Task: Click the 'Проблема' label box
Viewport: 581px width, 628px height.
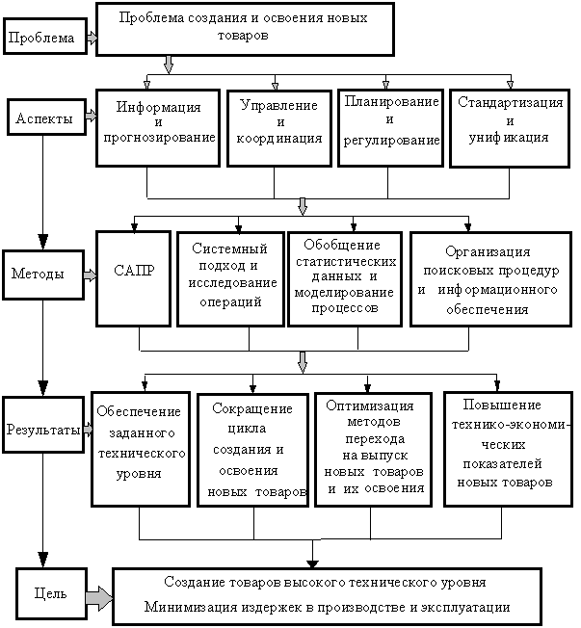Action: coord(43,39)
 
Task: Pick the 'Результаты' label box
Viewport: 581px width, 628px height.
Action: coord(43,431)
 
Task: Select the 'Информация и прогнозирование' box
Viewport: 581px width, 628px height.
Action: coord(158,129)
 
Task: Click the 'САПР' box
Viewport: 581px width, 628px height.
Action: coord(134,277)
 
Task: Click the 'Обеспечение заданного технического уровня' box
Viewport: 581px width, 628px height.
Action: coord(141,448)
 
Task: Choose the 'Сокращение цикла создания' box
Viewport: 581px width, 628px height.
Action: coord(252,450)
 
